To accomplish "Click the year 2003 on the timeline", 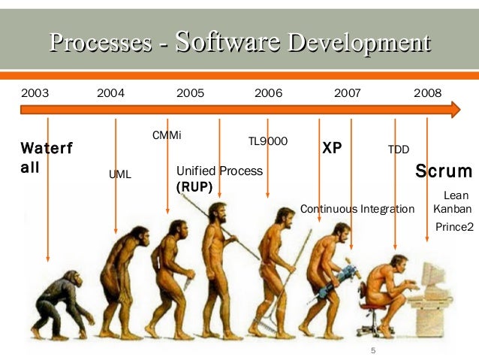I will click(x=35, y=93).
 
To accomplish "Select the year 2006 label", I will click(x=268, y=93).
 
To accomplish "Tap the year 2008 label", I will click(x=427, y=93).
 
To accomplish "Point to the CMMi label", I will click(x=167, y=135).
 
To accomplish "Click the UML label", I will click(x=119, y=174).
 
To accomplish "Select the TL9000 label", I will click(x=268, y=141).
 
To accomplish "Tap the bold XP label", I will click(x=332, y=148).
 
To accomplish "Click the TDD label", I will click(x=398, y=150).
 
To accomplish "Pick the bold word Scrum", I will click(x=444, y=171).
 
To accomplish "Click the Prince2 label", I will click(x=454, y=225).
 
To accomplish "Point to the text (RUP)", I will click(x=194, y=186).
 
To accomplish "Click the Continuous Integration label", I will click(x=357, y=208).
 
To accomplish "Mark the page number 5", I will click(x=372, y=351).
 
